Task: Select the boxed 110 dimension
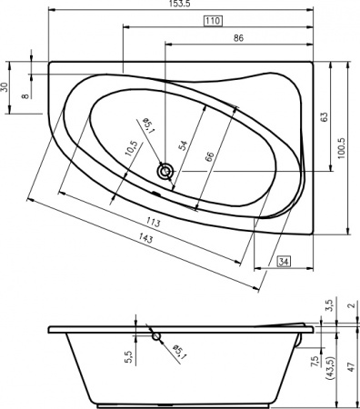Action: [211, 22]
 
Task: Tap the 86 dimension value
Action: [238, 39]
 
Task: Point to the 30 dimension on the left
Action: [5, 88]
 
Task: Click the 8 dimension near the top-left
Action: [25, 89]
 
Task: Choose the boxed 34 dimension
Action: [283, 263]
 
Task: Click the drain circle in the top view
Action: [165, 170]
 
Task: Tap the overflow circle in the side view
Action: [157, 336]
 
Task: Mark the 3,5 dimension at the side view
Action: [330, 306]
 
